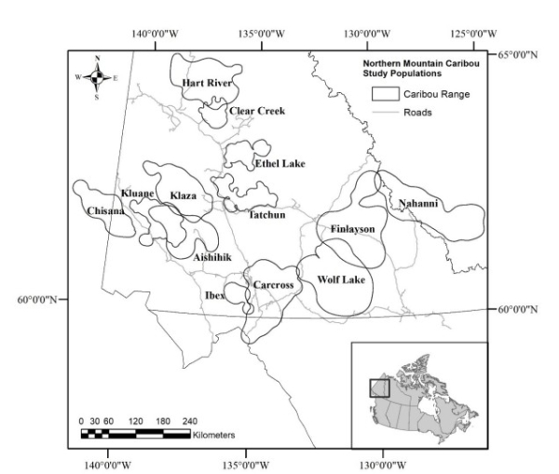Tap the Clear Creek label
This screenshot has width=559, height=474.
256,111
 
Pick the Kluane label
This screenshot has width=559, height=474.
137,193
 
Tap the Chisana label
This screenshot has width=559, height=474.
105,211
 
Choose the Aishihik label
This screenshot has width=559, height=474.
211,256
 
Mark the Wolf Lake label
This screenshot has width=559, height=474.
340,278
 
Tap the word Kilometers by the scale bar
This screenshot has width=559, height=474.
216,435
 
